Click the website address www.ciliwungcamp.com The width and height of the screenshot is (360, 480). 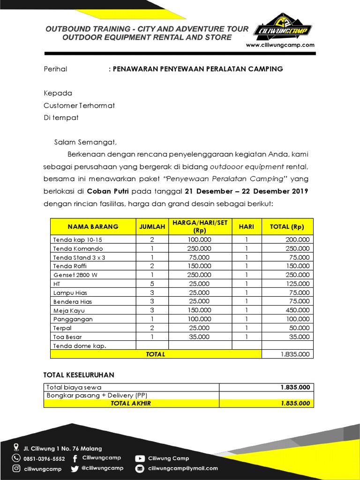pyautogui.click(x=280, y=45)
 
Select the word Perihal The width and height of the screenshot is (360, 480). pyautogui.click(x=55, y=69)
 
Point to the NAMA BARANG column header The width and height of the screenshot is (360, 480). pyautogui.click(x=93, y=227)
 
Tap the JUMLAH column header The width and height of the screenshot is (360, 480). pyautogui.click(x=152, y=227)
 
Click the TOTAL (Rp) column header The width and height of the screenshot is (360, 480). pyautogui.click(x=287, y=227)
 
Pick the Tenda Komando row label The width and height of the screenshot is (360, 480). pyautogui.click(x=78, y=248)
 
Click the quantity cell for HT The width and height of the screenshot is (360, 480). pyautogui.click(x=152, y=284)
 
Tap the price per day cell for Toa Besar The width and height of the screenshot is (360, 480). pyautogui.click(x=200, y=337)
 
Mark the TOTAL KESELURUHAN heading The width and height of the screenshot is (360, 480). pyautogui.click(x=78, y=375)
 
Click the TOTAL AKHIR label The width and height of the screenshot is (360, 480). pyautogui.click(x=131, y=403)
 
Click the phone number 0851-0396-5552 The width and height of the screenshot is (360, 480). pyautogui.click(x=45, y=458)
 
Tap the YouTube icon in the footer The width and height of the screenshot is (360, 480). pyautogui.click(x=140, y=458)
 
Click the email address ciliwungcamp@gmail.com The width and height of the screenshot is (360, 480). pyautogui.click(x=183, y=468)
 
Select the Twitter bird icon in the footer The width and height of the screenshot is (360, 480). pyautogui.click(x=75, y=468)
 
